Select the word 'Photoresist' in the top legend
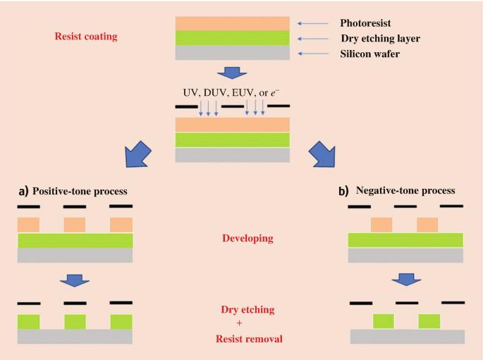366,23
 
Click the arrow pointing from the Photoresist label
313,23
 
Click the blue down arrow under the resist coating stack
231,73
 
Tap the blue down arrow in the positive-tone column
75,280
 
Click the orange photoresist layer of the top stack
232,23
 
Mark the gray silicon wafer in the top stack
232,54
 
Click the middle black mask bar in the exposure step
232,107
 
